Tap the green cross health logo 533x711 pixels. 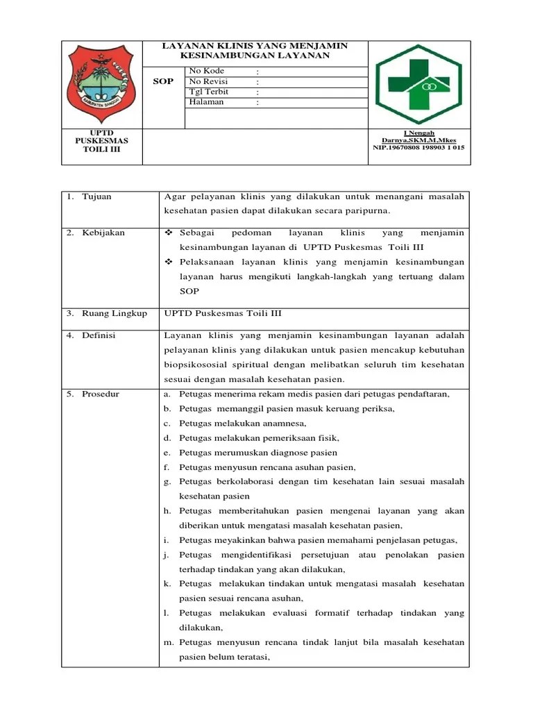[x=418, y=85]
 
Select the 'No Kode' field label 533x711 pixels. [x=207, y=72]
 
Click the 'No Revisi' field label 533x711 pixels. [x=209, y=82]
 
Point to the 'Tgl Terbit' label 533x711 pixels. [x=209, y=92]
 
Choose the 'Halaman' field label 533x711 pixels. [x=207, y=102]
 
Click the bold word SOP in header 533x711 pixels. [x=163, y=82]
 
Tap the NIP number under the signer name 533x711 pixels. [x=418, y=148]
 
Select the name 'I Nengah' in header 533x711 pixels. [x=418, y=133]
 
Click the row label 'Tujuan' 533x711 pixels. [x=96, y=197]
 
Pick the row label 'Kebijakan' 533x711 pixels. [x=103, y=233]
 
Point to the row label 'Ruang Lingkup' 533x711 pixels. [x=115, y=314]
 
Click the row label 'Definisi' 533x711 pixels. [x=99, y=336]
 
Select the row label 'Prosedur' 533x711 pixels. [x=101, y=394]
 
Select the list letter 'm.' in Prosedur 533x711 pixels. [x=169, y=643]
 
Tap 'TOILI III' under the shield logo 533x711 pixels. [x=102, y=149]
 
